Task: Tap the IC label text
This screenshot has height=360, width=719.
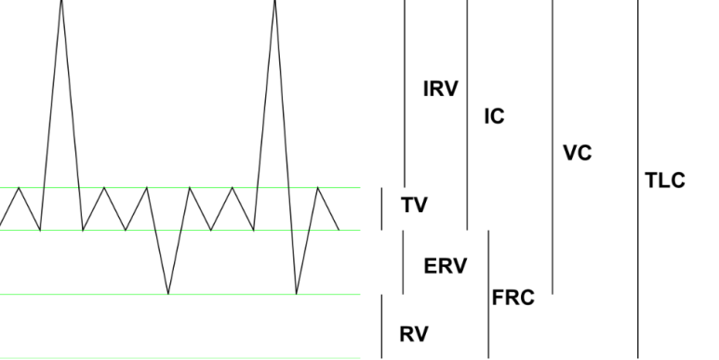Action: [494, 118]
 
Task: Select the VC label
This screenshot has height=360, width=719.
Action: [578, 153]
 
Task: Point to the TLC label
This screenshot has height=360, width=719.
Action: [665, 180]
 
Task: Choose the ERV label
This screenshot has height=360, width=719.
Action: [445, 266]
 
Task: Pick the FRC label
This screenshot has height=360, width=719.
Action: [513, 299]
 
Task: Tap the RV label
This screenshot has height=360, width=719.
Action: [414, 334]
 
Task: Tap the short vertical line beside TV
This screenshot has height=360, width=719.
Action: [382, 208]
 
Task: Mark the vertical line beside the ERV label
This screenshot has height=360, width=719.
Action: [402, 262]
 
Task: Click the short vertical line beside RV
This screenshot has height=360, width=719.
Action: [382, 326]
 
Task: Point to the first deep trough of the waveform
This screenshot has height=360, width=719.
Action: [168, 294]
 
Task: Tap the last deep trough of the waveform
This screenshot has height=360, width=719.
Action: [297, 294]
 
